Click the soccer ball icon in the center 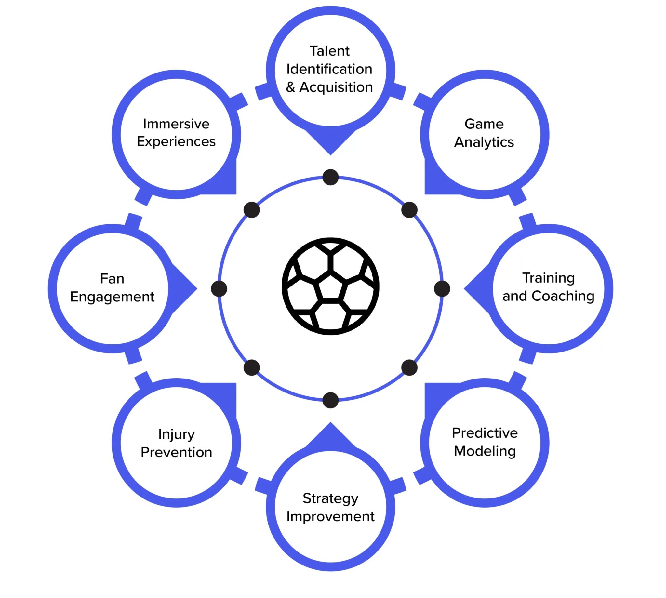330,286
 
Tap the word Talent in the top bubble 329,51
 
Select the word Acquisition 336,87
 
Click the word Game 484,124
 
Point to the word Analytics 484,142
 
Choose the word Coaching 563,296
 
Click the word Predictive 484,433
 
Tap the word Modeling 484,451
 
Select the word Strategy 330,498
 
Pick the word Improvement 330,516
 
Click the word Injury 177,434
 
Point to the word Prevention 177,452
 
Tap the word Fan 112,279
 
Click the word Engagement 112,297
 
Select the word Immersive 176,124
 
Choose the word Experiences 176,141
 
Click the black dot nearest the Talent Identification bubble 330,177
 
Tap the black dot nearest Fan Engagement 219,288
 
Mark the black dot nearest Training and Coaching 442,288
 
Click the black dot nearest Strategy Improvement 330,400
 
